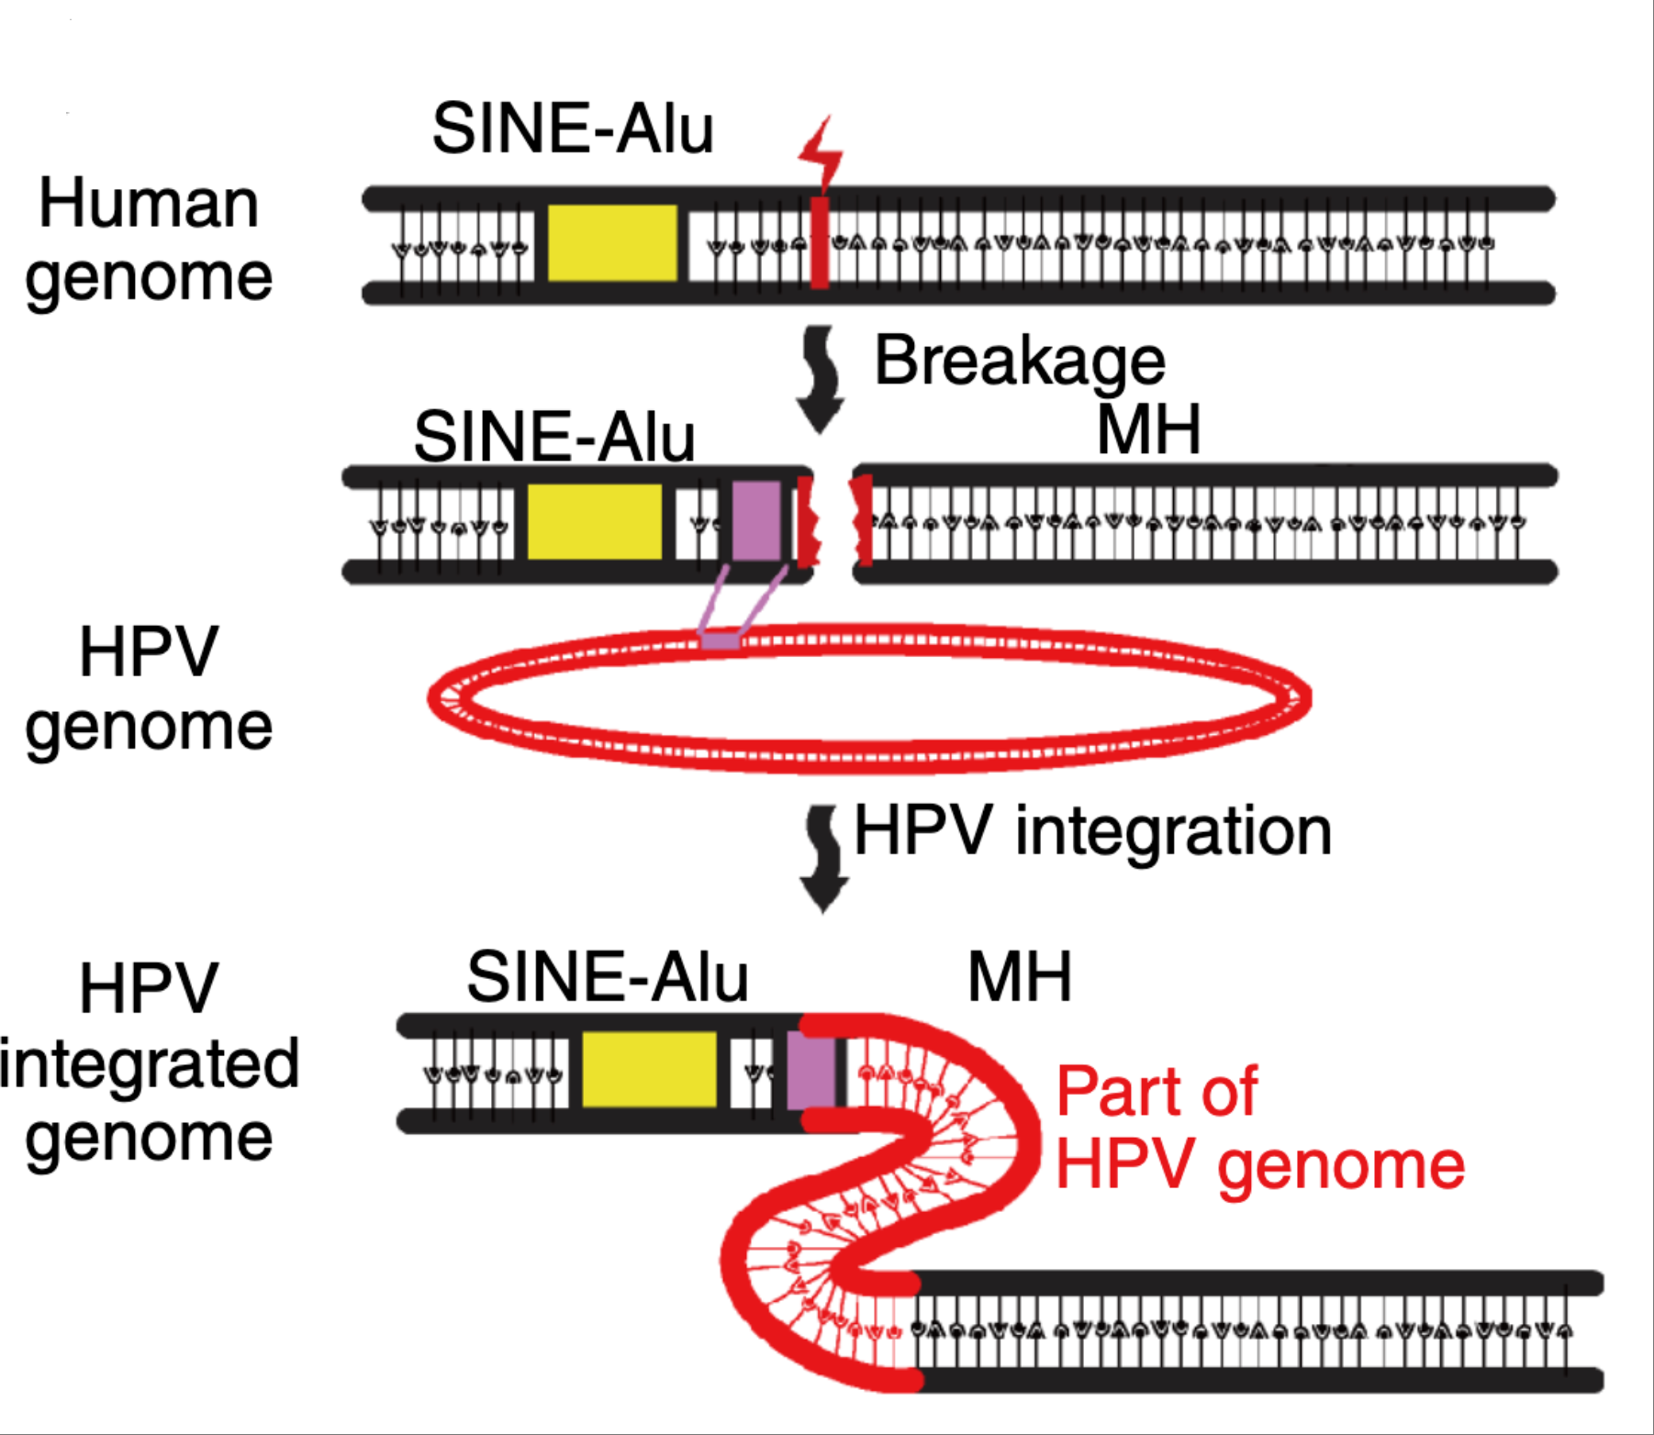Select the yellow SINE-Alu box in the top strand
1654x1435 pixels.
pyautogui.click(x=612, y=243)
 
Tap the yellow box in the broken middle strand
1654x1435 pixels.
pyautogui.click(x=594, y=521)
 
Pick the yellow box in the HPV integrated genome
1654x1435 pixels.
pyautogui.click(x=649, y=1069)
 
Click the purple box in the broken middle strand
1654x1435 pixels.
pyautogui.click(x=756, y=521)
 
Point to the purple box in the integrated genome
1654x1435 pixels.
pyautogui.click(x=810, y=1069)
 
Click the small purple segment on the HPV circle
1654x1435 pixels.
pyautogui.click(x=721, y=640)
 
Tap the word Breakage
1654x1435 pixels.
pyautogui.click(x=1019, y=361)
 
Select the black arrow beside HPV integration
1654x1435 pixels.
pyautogui.click(x=823, y=859)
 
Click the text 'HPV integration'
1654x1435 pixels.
pyautogui.click(x=1092, y=831)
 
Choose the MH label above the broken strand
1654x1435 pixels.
pyautogui.click(x=1148, y=429)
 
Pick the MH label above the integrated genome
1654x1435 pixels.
pyautogui.click(x=1019, y=977)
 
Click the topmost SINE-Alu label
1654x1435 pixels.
pyautogui.click(x=573, y=128)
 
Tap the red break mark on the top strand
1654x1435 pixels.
pyautogui.click(x=820, y=243)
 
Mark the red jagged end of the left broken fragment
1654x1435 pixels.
pyautogui.click(x=805, y=521)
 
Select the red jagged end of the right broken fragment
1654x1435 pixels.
pyautogui.click(x=862, y=521)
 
